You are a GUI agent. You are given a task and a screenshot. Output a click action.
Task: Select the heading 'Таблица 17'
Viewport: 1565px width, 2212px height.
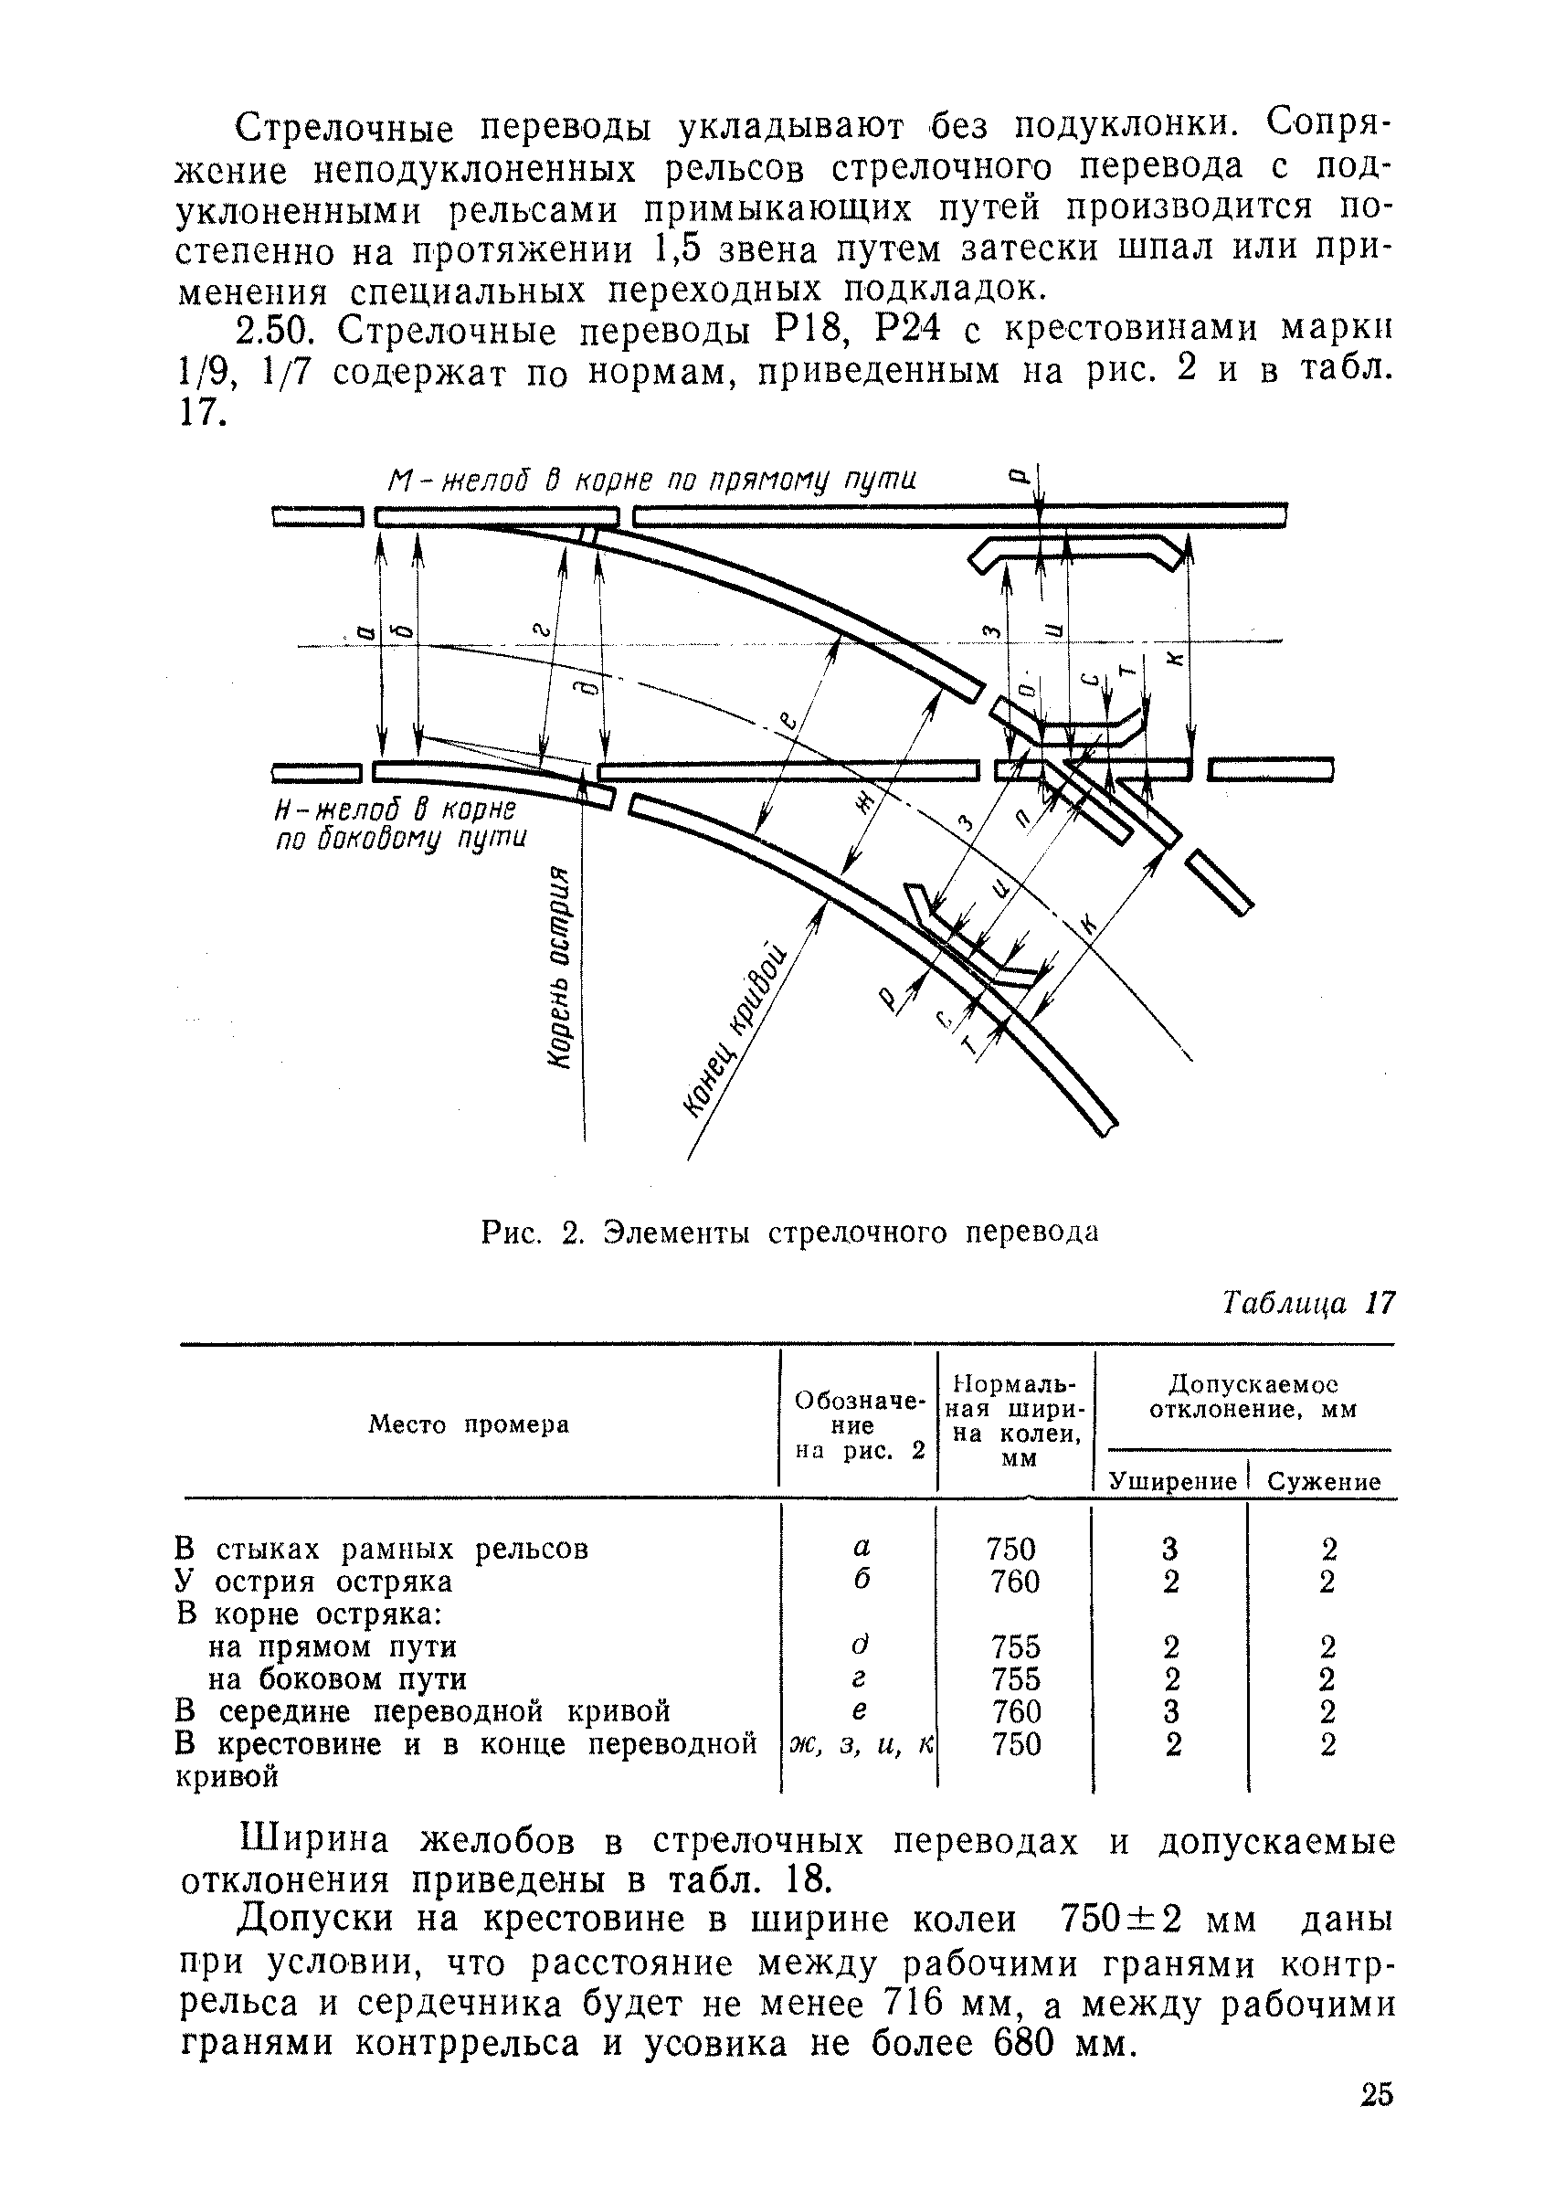click(x=1307, y=1305)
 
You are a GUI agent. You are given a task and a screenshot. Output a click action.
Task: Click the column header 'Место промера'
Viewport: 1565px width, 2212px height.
click(x=469, y=1424)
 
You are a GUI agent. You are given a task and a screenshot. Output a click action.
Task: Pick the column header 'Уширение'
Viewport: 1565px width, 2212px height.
click(x=1172, y=1481)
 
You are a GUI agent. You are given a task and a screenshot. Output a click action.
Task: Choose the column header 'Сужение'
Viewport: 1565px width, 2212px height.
click(x=1324, y=1481)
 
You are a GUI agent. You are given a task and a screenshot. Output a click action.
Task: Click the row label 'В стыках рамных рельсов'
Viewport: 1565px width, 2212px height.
click(x=382, y=1549)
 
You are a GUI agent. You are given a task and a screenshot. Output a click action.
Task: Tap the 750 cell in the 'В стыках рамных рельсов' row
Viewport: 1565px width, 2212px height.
click(x=1010, y=1549)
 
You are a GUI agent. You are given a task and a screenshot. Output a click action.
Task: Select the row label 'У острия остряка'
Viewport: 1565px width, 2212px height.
click(x=313, y=1582)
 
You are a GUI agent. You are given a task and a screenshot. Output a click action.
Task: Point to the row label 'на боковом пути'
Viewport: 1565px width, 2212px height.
click(x=337, y=1679)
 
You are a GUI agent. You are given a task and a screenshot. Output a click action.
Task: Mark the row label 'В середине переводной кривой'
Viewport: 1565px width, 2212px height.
click(x=423, y=1712)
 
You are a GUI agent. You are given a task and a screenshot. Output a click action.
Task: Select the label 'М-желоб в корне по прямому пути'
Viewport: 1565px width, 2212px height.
click(x=651, y=480)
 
